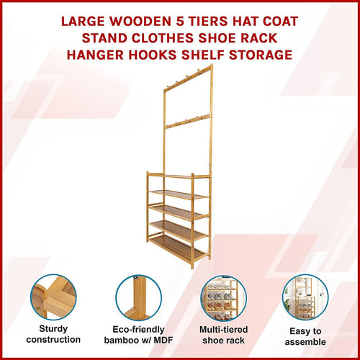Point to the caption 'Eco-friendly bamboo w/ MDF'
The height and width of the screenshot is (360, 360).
138,333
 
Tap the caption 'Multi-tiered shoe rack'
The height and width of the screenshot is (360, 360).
222,333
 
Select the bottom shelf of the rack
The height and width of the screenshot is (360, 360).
179,248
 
